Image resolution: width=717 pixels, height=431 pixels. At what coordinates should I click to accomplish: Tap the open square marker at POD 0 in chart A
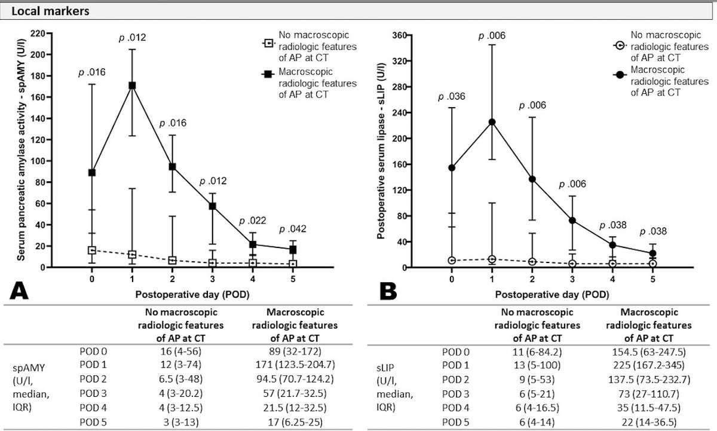[x=92, y=250]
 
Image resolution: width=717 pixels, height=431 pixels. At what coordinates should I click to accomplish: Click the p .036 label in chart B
[x=451, y=97]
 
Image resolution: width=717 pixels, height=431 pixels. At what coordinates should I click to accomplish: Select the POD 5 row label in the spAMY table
[x=93, y=423]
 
